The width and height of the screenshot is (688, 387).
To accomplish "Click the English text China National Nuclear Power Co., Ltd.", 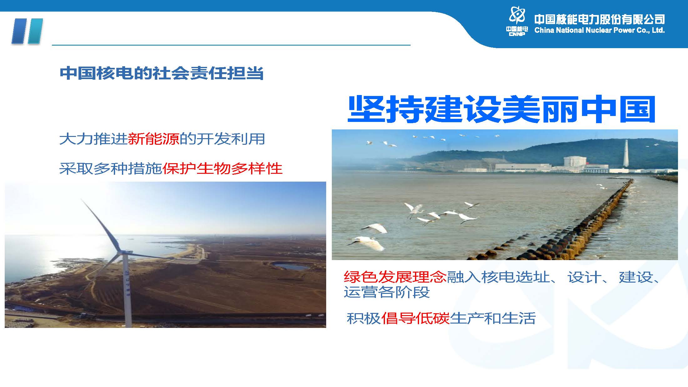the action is coord(599,30).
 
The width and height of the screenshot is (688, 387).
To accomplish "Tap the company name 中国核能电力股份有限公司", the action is coord(599,19).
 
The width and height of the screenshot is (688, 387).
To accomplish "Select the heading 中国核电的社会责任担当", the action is coord(162,73).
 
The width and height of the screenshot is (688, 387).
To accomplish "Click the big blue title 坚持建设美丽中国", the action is coord(501,109).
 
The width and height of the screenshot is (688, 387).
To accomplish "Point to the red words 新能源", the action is coord(154,139).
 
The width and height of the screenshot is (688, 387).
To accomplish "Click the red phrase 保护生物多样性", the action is coord(222,168).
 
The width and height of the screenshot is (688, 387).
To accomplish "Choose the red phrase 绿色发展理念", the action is coord(395,277).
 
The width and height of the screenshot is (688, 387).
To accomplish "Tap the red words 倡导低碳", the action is coord(415,318).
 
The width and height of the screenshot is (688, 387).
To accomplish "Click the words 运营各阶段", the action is coord(387,292).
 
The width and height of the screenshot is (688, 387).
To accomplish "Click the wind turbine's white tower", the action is coord(127,291).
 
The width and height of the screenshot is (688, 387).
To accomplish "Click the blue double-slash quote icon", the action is coord(27,31).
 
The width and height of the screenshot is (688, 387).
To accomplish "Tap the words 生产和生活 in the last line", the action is coord(493,318).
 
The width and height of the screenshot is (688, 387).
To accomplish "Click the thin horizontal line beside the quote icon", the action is coord(231,45).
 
